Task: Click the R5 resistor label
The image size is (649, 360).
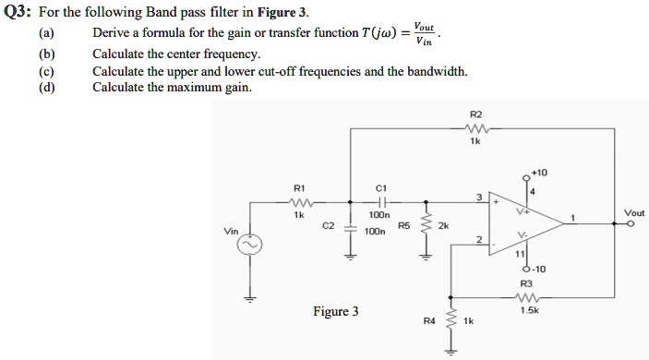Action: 403,224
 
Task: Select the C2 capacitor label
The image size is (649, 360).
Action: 329,224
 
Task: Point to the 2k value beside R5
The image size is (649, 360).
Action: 443,224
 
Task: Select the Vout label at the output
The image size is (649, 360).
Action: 634,212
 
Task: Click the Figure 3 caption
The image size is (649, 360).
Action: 336,311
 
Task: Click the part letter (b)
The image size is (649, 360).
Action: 45,54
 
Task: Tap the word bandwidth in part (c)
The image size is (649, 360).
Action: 435,71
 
